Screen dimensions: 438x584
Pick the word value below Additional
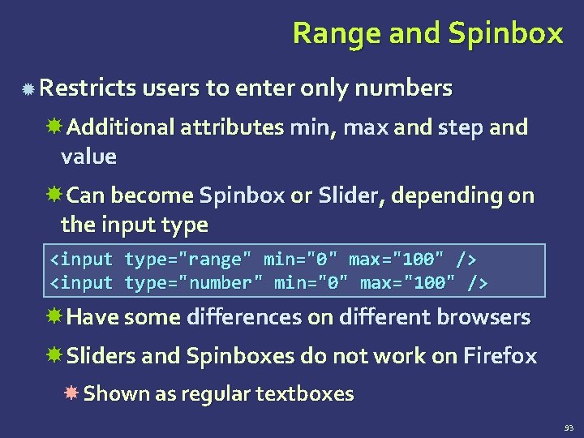point(88,157)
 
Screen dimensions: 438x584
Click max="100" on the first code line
point(397,260)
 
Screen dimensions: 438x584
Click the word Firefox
point(500,356)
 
